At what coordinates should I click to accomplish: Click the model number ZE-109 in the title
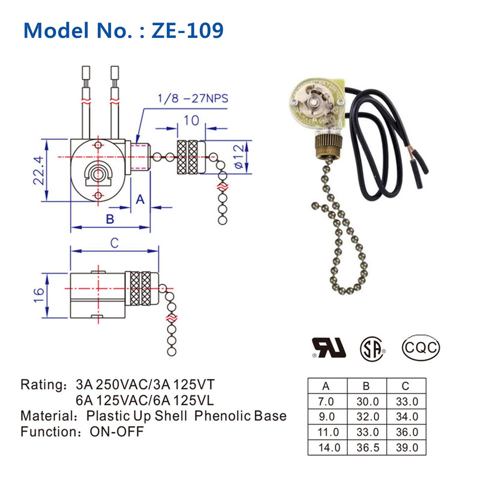point(187,30)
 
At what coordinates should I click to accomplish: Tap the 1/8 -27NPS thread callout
point(193,99)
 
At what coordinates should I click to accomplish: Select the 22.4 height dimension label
point(39,170)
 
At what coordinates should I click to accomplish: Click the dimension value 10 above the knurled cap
point(191,121)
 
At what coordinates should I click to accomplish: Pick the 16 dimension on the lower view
point(39,295)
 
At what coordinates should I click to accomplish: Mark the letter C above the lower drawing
point(114,243)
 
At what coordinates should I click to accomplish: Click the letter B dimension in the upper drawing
point(110,219)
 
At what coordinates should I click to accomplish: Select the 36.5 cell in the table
point(367,448)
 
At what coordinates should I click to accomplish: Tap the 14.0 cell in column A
point(329,448)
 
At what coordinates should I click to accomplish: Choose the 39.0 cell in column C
point(407,448)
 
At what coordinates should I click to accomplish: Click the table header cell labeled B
point(366,386)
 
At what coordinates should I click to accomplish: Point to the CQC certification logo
point(421,348)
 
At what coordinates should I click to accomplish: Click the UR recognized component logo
point(329,348)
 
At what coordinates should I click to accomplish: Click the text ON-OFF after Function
point(116,432)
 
